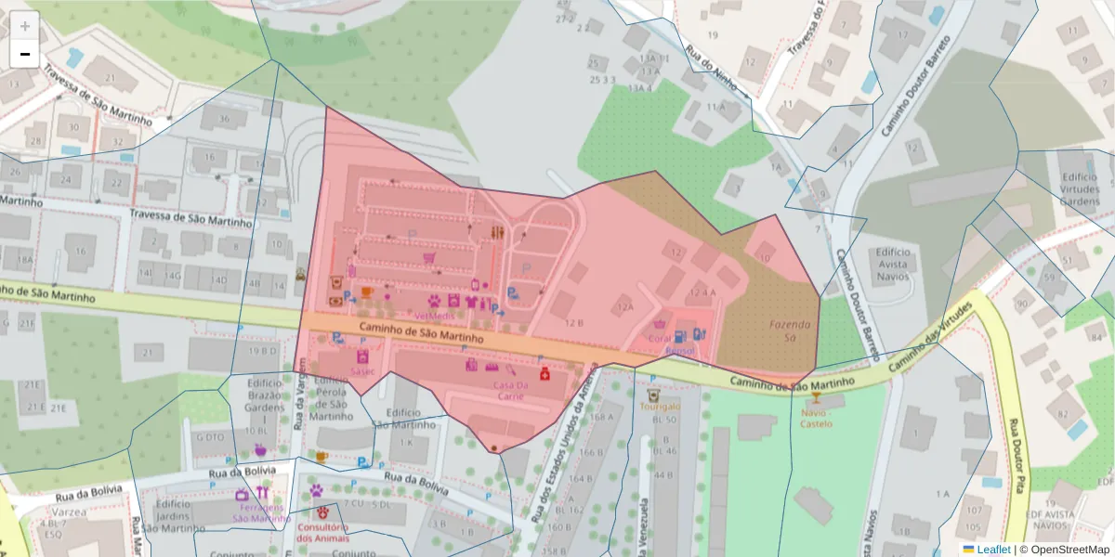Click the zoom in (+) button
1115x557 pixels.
coord(25,26)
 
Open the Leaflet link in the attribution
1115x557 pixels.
coord(993,550)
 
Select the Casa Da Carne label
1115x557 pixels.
coord(510,391)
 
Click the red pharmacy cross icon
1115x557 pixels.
coord(544,373)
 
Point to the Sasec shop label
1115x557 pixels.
coord(362,370)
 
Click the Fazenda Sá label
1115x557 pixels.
coord(790,330)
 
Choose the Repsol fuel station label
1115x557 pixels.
coord(680,352)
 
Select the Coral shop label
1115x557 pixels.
coord(660,339)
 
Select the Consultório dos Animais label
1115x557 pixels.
coord(322,533)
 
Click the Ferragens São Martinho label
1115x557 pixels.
coord(261,513)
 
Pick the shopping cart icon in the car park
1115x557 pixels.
coord(429,257)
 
